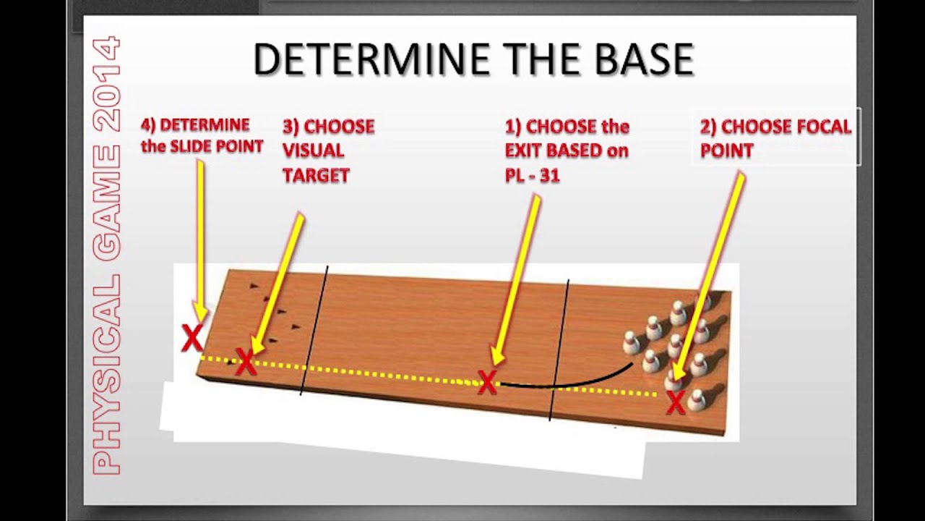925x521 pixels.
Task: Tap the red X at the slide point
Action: coord(192,338)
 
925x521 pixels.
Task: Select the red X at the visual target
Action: coord(246,362)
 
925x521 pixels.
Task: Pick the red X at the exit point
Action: coord(487,382)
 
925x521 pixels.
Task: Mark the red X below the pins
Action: coord(676,402)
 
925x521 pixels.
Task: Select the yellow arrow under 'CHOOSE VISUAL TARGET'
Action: coord(278,282)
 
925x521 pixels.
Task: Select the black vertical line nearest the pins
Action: coord(559,347)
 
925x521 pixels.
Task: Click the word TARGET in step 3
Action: coord(316,175)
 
